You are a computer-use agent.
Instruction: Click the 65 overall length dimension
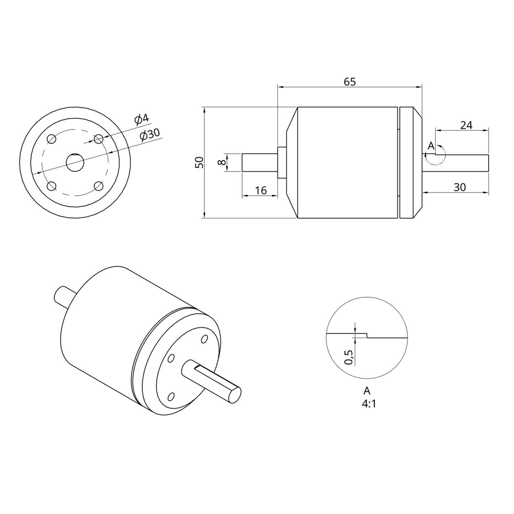coord(350,82)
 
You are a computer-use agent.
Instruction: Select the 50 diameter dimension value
coord(199,162)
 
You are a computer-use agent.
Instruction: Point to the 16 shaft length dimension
coord(261,190)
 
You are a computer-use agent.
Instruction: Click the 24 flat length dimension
coord(466,125)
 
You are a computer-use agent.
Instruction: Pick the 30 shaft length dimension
coord(460,187)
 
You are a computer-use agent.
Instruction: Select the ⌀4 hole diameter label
coord(141,119)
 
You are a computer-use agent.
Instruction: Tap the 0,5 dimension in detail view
coord(349,357)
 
